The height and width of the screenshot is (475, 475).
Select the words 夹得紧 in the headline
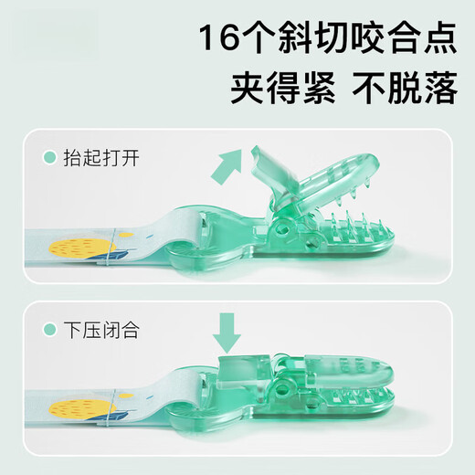tap(283, 88)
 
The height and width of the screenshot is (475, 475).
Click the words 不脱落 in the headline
tap(405, 88)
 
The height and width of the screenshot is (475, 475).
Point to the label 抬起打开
tap(101, 158)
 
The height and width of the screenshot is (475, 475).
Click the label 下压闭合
tap(101, 330)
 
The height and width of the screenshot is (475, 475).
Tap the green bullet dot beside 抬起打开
tap(50, 158)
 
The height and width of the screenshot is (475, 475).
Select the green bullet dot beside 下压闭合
tap(50, 330)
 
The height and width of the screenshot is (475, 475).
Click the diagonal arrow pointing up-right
tap(227, 166)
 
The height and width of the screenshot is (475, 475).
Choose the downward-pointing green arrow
tap(227, 333)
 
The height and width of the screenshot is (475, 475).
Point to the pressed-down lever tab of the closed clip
tap(244, 370)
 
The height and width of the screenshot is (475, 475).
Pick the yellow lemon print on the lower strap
tap(82, 409)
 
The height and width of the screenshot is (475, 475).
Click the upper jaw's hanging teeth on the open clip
tap(354, 192)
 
